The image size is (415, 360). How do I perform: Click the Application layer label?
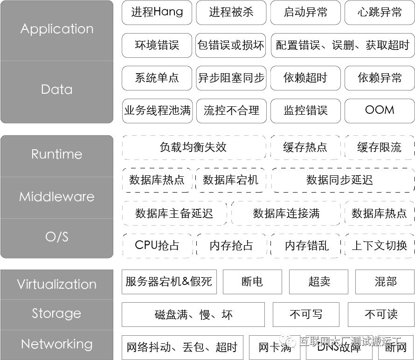click(x=57, y=29)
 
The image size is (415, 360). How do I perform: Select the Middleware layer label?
click(x=57, y=197)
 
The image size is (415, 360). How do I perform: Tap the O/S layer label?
click(x=57, y=237)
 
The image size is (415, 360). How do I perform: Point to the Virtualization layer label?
click(x=57, y=284)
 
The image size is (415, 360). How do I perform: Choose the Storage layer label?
click(x=57, y=313)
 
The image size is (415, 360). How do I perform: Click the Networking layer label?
click(x=57, y=344)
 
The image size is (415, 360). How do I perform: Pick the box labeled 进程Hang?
click(x=157, y=12)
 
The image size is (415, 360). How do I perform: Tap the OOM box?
click(x=380, y=111)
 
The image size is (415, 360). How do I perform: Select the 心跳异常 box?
click(x=380, y=12)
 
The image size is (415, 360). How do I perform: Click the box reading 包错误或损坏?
click(x=231, y=45)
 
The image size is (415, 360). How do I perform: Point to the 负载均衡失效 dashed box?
click(x=193, y=147)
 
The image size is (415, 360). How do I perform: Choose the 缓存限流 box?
click(x=379, y=147)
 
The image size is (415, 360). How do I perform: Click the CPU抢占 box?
click(x=157, y=245)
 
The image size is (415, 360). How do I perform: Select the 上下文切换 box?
click(x=379, y=245)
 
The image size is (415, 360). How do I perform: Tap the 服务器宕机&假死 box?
click(x=169, y=281)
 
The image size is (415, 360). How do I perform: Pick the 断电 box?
click(x=252, y=281)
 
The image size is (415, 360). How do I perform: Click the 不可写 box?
click(x=306, y=314)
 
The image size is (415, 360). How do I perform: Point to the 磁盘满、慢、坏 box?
click(x=193, y=314)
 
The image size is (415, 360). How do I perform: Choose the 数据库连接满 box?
click(x=286, y=214)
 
